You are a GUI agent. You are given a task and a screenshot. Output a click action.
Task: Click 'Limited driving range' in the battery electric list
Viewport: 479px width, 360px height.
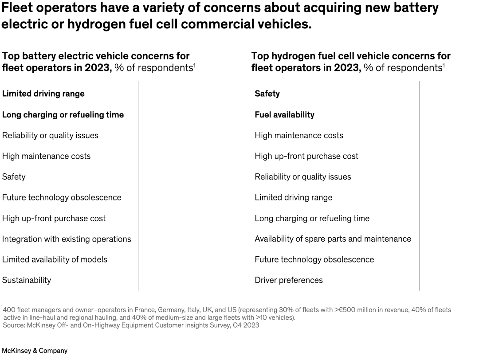(x=43, y=94)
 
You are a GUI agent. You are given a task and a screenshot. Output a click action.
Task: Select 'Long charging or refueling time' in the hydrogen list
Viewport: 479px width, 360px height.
(x=312, y=218)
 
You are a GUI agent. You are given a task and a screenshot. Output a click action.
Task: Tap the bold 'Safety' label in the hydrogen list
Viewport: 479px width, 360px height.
(x=267, y=94)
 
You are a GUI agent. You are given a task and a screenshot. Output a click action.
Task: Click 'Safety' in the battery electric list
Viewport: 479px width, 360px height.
(x=14, y=176)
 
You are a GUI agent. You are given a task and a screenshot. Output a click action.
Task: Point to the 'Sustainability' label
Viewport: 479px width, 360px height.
(x=27, y=280)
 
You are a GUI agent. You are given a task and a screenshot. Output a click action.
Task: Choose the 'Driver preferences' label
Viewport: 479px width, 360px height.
(x=289, y=280)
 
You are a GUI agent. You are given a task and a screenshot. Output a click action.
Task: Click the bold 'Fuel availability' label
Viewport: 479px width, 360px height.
(x=284, y=114)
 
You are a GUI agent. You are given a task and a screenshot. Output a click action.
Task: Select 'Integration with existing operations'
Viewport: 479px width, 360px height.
(x=67, y=239)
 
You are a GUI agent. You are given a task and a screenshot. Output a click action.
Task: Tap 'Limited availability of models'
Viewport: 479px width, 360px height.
(x=55, y=259)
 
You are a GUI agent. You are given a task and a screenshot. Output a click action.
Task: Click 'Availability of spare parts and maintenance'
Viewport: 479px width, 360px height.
(x=333, y=239)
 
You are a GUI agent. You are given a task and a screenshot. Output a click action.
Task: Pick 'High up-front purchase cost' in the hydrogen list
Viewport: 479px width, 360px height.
(x=306, y=156)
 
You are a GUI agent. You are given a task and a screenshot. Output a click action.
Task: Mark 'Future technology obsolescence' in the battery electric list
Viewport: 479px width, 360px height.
(x=62, y=197)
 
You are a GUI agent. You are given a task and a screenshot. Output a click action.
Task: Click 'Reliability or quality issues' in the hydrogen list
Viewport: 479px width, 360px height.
(x=302, y=177)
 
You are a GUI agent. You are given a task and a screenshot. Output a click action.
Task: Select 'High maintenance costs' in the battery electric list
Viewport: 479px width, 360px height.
(x=46, y=156)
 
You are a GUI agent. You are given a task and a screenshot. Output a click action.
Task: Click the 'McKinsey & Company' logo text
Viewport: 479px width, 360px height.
(x=35, y=351)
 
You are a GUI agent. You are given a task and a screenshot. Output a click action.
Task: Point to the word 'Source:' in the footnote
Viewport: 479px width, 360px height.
(x=14, y=325)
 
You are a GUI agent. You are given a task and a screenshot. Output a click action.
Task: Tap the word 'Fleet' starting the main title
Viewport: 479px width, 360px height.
(x=18, y=8)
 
